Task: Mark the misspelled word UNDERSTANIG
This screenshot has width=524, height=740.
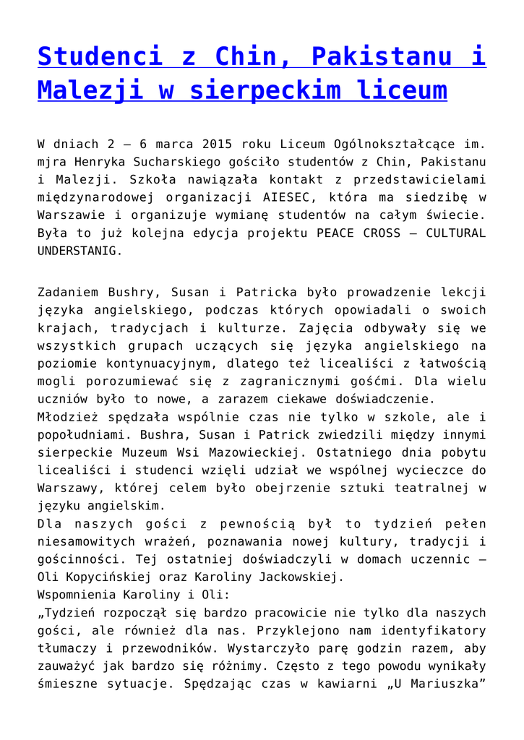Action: coord(76,251)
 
